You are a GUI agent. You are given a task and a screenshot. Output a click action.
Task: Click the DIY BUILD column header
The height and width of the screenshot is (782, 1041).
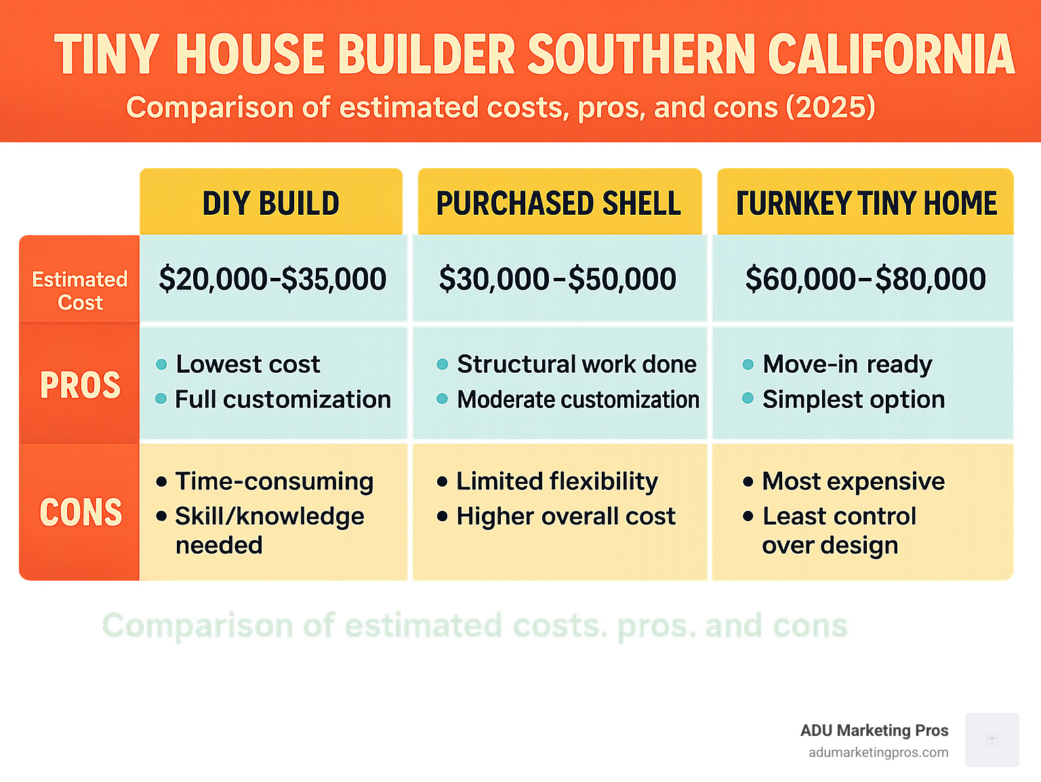point(271,203)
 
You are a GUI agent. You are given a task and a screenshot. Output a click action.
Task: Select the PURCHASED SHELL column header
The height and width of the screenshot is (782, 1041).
point(558,203)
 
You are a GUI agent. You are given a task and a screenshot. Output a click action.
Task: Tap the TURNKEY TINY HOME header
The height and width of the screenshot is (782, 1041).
point(866,203)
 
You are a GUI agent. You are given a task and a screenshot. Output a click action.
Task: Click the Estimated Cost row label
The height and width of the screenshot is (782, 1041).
point(80,291)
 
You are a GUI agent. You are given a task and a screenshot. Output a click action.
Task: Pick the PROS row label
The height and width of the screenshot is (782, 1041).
point(80,385)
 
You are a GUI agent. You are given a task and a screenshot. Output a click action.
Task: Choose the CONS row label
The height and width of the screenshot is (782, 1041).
point(81,512)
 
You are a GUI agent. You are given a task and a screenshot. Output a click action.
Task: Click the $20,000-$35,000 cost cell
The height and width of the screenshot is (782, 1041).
point(272,279)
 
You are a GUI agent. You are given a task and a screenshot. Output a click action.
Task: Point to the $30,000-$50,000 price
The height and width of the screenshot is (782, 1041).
point(558,279)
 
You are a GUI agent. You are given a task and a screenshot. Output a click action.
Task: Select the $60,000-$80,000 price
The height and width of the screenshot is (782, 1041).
point(865,279)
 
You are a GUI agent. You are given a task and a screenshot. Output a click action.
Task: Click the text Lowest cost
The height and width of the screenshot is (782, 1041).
point(247,365)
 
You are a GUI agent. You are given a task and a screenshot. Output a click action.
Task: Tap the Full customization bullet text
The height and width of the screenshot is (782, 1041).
point(283,400)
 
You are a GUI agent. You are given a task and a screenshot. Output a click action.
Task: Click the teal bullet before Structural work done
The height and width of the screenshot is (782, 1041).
point(443,365)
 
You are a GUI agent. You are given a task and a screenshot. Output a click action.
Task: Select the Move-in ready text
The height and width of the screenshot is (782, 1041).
point(847,365)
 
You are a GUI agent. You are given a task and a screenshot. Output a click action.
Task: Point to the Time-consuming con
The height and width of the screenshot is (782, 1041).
point(274,482)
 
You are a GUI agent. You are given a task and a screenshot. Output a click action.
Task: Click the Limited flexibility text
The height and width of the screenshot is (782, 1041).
point(556,482)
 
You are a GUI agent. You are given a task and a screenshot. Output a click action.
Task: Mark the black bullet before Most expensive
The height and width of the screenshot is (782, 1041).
point(748,482)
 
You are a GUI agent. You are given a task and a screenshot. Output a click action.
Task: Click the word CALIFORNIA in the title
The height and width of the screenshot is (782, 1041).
point(891,54)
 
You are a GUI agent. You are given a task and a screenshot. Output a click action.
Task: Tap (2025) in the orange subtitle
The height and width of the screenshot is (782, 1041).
point(830,108)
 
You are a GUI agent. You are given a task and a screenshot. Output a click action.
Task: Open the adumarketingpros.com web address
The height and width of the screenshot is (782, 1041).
point(878,753)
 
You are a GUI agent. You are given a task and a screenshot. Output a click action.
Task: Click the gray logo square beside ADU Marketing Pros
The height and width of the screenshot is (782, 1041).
point(992,740)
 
